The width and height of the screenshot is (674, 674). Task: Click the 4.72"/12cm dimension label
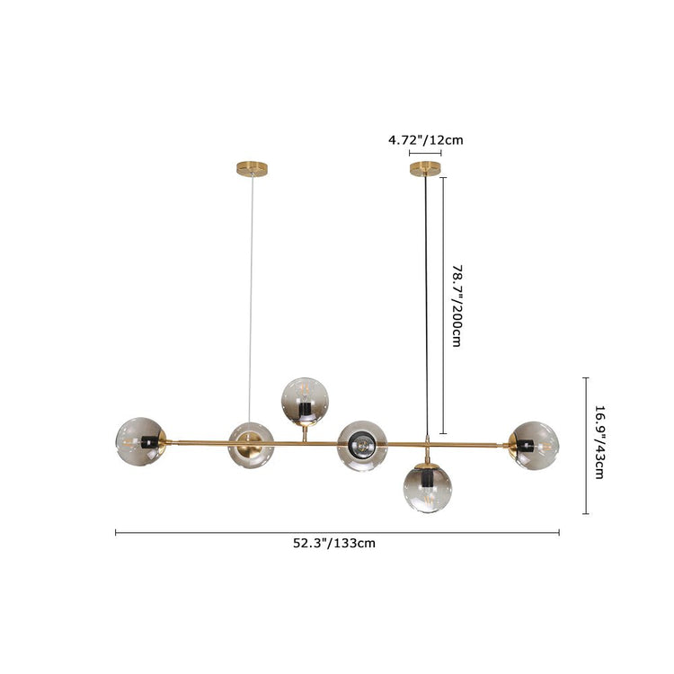click(x=426, y=140)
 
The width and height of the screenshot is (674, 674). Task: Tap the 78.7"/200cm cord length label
click(x=457, y=306)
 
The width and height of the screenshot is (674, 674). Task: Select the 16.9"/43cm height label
click(x=599, y=442)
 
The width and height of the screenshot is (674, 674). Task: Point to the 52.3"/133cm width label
click(x=334, y=544)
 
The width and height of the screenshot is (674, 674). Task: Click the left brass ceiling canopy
click(x=253, y=168)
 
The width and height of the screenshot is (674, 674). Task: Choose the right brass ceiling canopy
click(x=426, y=168)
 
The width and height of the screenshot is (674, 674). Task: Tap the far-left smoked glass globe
click(x=140, y=441)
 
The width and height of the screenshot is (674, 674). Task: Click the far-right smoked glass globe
click(x=534, y=446)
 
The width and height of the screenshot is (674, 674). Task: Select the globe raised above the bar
click(x=305, y=403)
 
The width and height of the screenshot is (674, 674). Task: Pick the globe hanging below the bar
click(x=428, y=488)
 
